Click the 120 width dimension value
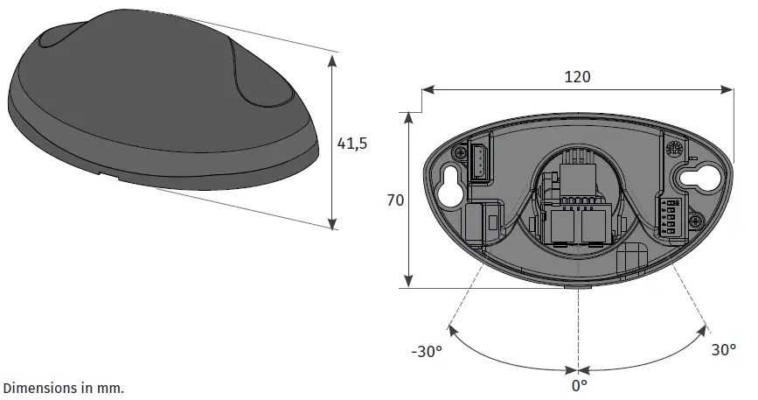[576, 76]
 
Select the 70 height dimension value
[395, 200]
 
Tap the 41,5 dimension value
[351, 144]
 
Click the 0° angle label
[579, 384]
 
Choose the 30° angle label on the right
[723, 349]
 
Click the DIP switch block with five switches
[671, 215]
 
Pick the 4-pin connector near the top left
[480, 163]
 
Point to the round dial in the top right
[674, 150]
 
